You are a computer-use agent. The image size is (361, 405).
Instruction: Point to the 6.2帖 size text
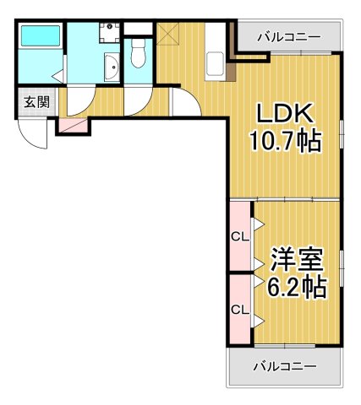click(296, 287)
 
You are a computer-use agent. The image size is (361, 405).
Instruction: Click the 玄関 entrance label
click(36, 102)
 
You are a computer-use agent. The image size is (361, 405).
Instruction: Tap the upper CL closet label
click(239, 236)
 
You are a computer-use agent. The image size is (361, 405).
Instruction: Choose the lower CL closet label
click(239, 309)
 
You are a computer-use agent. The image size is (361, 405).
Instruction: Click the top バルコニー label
click(287, 37)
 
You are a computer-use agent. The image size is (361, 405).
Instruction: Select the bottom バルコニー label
click(285, 366)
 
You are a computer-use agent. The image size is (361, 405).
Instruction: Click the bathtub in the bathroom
click(40, 37)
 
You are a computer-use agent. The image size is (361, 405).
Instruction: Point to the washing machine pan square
click(107, 33)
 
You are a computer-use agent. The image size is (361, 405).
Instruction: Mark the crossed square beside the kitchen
click(167, 35)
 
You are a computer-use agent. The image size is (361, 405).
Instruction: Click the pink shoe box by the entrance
click(72, 125)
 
